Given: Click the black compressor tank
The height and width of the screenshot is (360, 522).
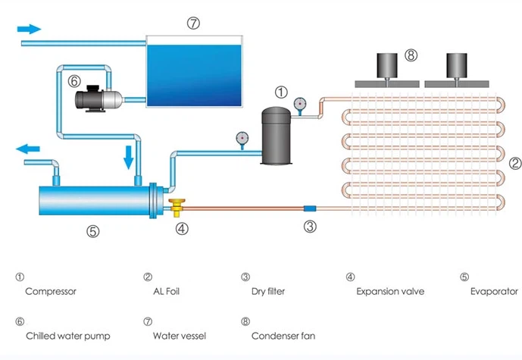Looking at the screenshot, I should tap(274, 136).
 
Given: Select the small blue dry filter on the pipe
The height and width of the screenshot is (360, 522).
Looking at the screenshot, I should tap(309, 207).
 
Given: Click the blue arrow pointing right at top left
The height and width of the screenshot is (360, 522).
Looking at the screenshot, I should tap(30, 29).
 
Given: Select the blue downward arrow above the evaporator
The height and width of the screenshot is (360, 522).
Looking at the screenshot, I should tap(128, 157).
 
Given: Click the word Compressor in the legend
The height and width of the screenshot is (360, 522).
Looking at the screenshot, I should tap(51, 291).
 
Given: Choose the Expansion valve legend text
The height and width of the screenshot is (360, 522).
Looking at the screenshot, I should tap(389, 291).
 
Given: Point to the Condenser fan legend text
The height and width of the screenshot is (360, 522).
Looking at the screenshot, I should tap(283, 335).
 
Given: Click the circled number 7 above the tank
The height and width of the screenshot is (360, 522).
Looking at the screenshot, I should tap(193, 23).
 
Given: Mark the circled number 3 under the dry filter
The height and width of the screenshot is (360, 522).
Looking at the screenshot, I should tap(310, 226).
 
